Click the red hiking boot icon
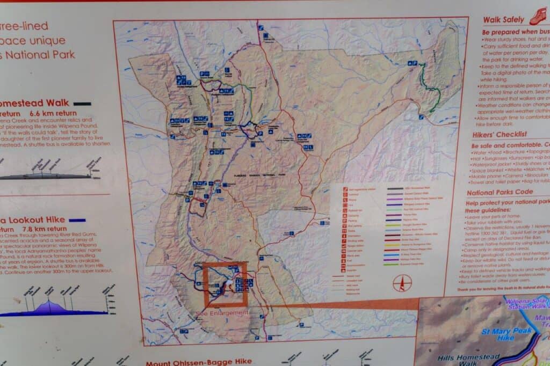[538, 17]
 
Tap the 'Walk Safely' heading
[503, 20]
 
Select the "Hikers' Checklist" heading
[499, 134]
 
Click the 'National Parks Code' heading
[500, 192]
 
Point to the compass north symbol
[401, 283]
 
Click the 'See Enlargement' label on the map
[222, 313]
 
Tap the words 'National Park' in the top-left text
[40, 54]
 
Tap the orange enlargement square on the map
[226, 284]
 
